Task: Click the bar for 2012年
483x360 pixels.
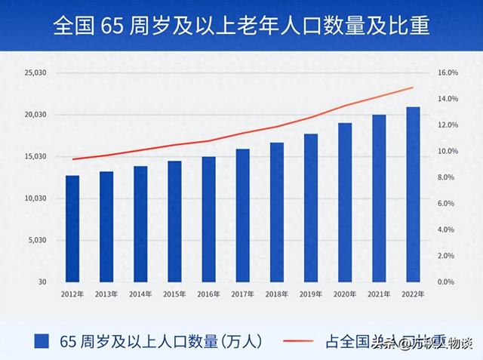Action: coord(72,229)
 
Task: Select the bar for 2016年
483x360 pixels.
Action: coord(208,219)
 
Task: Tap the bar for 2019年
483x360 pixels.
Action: coord(311,208)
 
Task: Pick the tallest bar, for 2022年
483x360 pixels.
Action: coord(413,194)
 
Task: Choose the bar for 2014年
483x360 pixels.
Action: coord(140,223)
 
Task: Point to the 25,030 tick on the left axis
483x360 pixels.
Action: coord(35,73)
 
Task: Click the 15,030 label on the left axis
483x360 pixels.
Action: coord(35,157)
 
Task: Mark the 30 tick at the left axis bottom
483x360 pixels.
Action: coord(41,282)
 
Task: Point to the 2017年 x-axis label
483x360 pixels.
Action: coord(242,294)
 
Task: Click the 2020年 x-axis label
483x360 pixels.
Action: coord(345,294)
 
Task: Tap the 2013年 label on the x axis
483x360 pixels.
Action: coord(106,294)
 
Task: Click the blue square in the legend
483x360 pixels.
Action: coord(42,342)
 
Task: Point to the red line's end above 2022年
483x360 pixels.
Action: coord(414,88)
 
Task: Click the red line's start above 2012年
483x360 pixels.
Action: coord(72,159)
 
